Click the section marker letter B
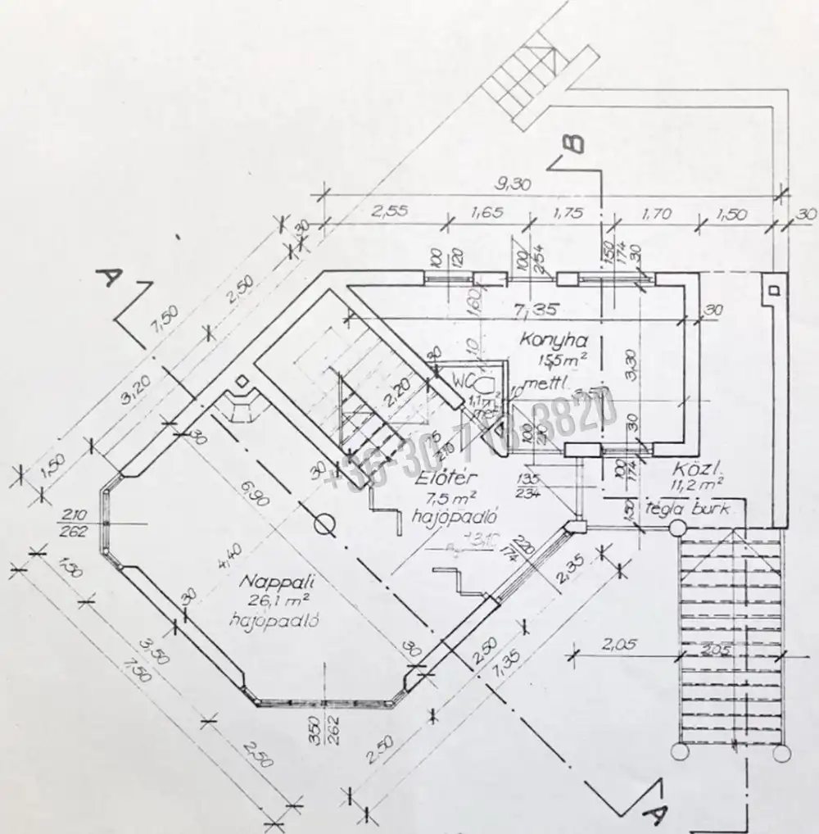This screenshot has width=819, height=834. click(574, 143)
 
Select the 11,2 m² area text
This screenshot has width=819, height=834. click(699, 484)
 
